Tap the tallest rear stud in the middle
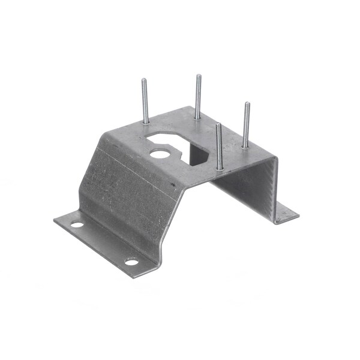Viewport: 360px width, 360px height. pyautogui.click(x=197, y=96)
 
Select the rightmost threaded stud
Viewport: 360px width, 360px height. pyautogui.click(x=246, y=125)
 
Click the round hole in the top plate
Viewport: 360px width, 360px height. pyautogui.click(x=159, y=154)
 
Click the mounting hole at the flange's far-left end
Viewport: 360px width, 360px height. pyautogui.click(x=77, y=224)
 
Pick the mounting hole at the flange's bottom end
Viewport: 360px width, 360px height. pyautogui.click(x=131, y=262)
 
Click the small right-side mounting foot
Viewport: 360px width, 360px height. pyautogui.click(x=285, y=214)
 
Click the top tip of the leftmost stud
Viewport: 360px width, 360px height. pyautogui.click(x=144, y=80)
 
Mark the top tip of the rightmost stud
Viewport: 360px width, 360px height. pyautogui.click(x=247, y=104)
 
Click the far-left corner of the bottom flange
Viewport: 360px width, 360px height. pyautogui.click(x=55, y=220)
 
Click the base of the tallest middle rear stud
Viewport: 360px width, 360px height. pyautogui.click(x=197, y=118)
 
